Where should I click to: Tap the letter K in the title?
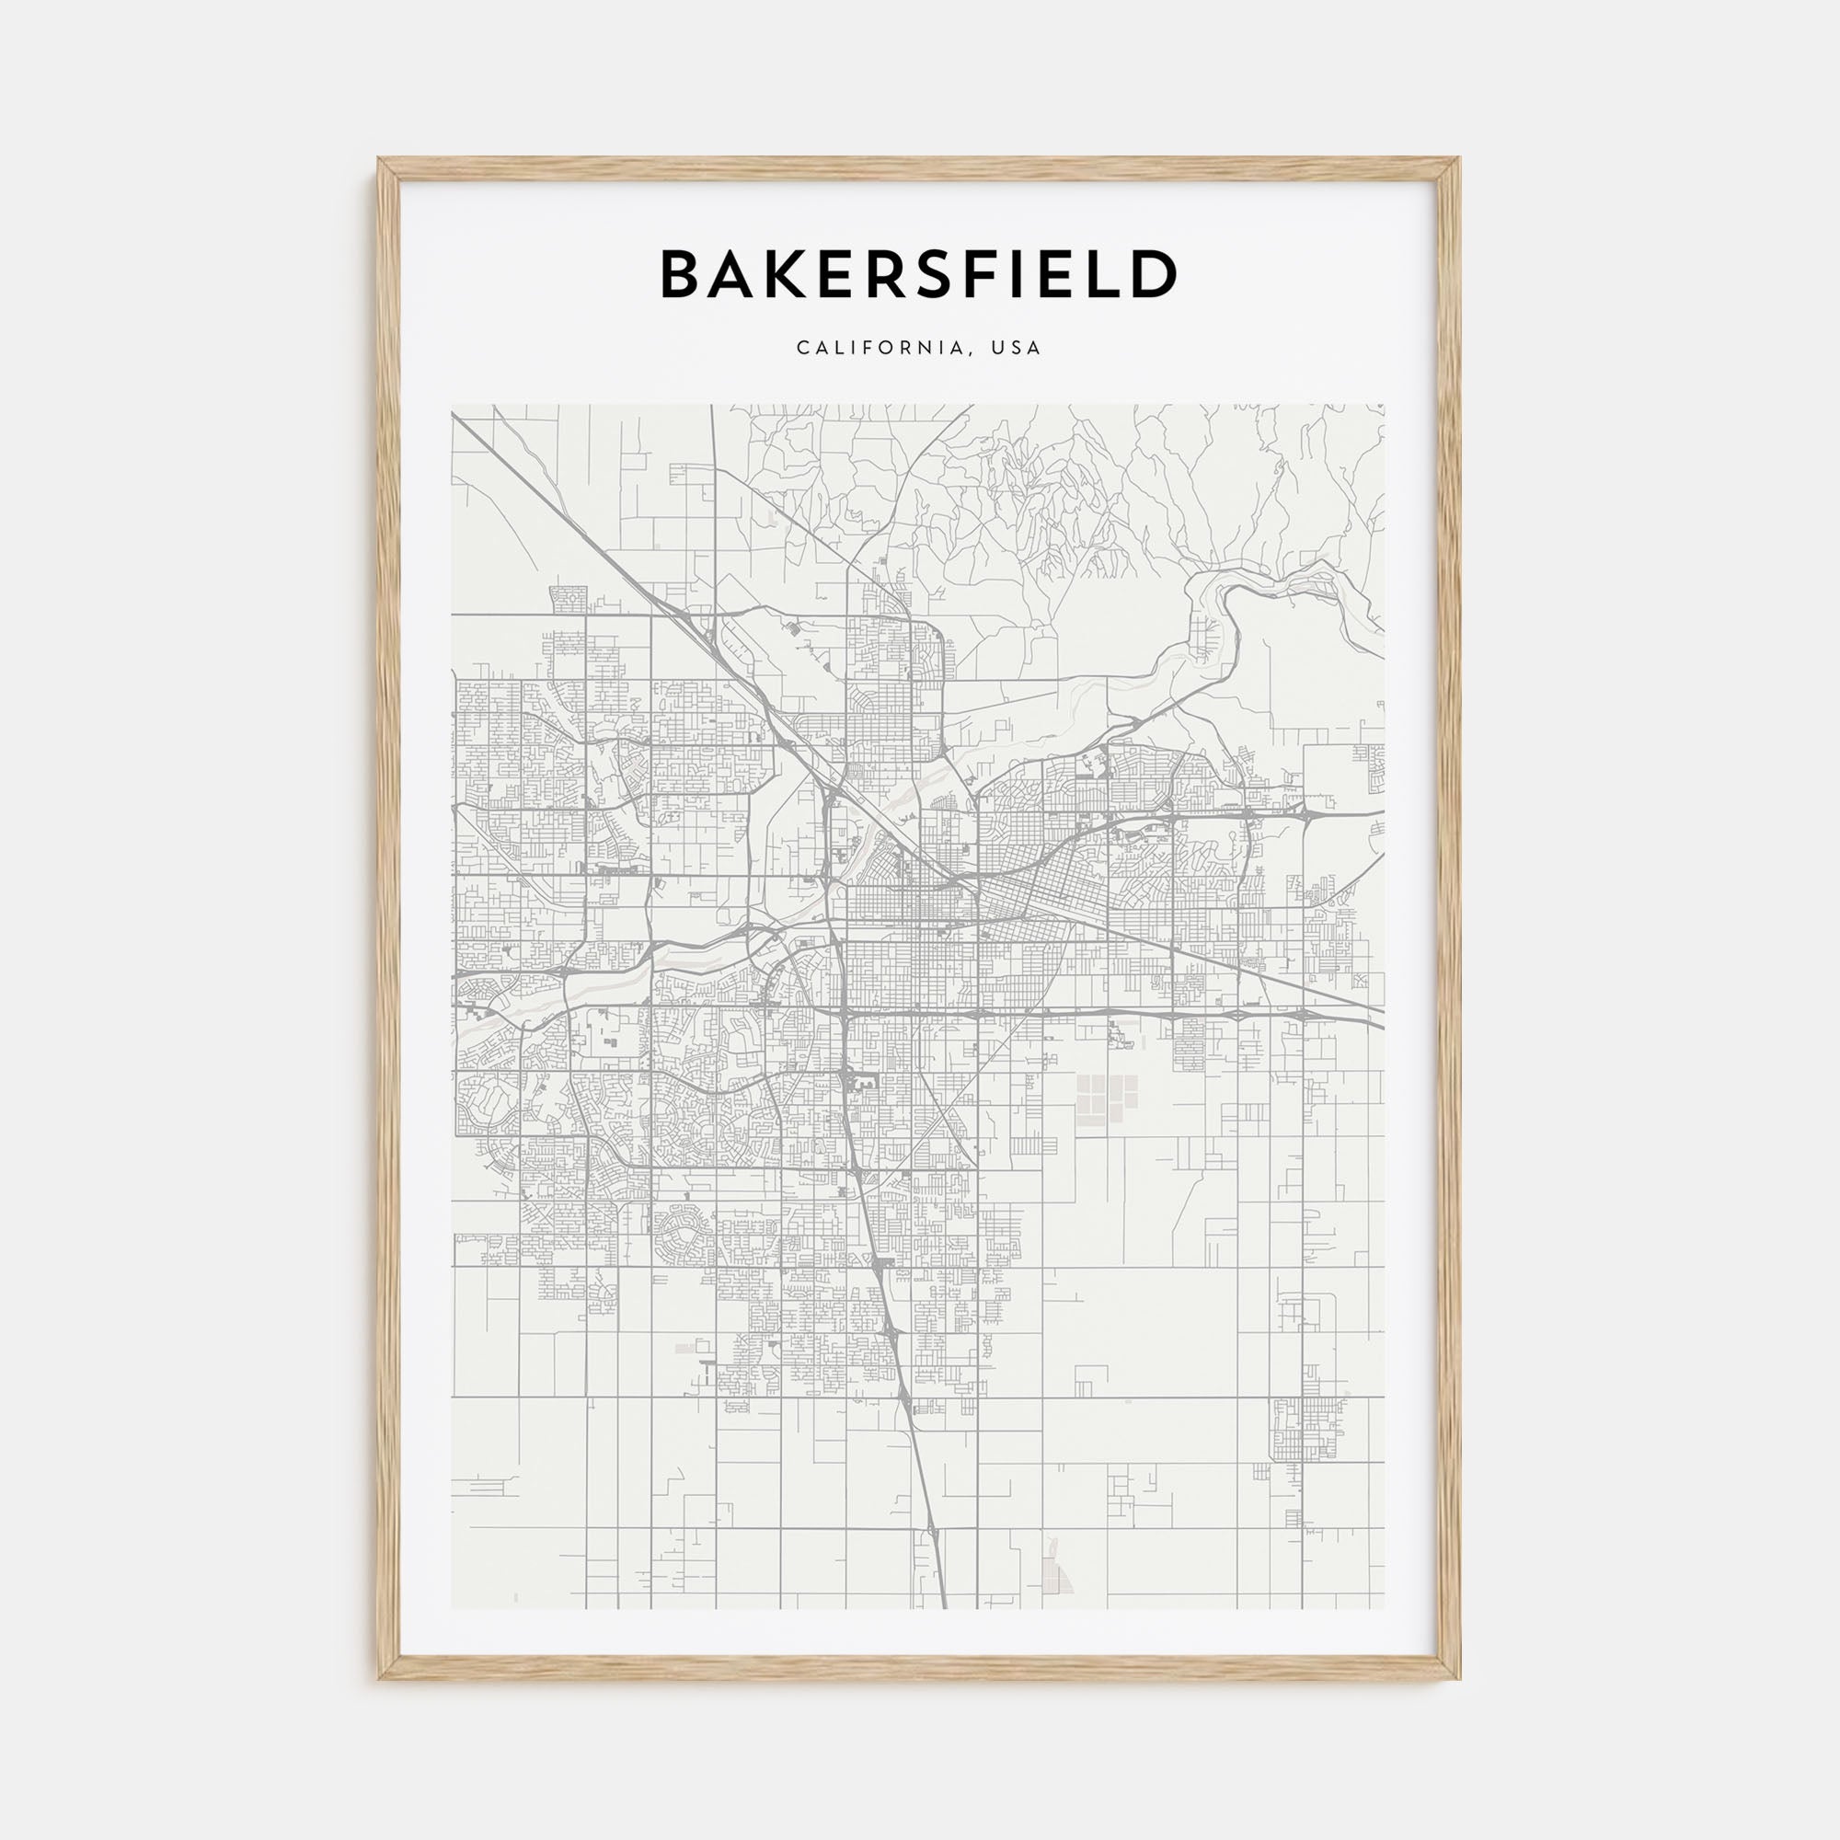click(x=788, y=274)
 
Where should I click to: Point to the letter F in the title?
click(x=983, y=274)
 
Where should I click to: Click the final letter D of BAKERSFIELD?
click(x=1156, y=274)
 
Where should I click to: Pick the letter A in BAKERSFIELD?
click(x=733, y=274)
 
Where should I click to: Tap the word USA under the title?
click(x=1017, y=349)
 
